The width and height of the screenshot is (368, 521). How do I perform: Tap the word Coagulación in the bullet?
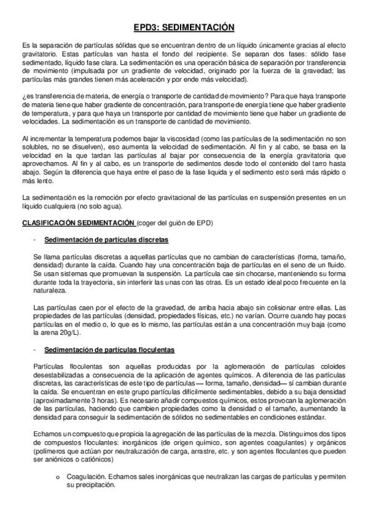84,476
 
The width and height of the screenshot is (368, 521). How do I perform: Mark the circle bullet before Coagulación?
57,477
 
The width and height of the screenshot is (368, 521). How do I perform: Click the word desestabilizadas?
52,374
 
